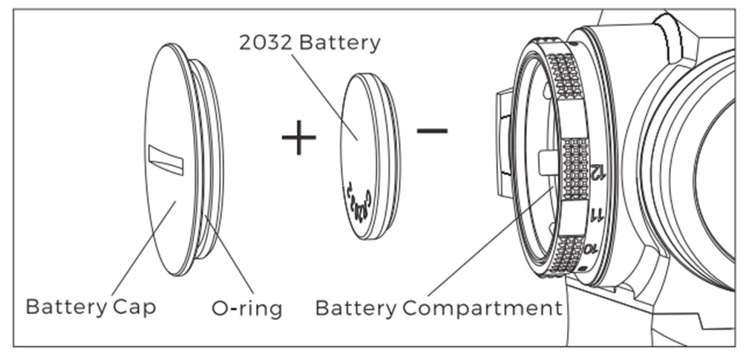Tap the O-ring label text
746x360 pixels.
(x=247, y=307)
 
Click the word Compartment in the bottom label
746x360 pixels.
(x=482, y=307)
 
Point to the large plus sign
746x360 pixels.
(x=298, y=137)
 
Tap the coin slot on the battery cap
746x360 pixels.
(x=166, y=160)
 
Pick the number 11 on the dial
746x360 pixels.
(x=596, y=216)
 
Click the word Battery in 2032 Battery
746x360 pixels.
(x=339, y=42)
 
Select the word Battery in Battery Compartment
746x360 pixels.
(x=356, y=307)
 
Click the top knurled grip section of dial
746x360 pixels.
(x=566, y=74)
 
